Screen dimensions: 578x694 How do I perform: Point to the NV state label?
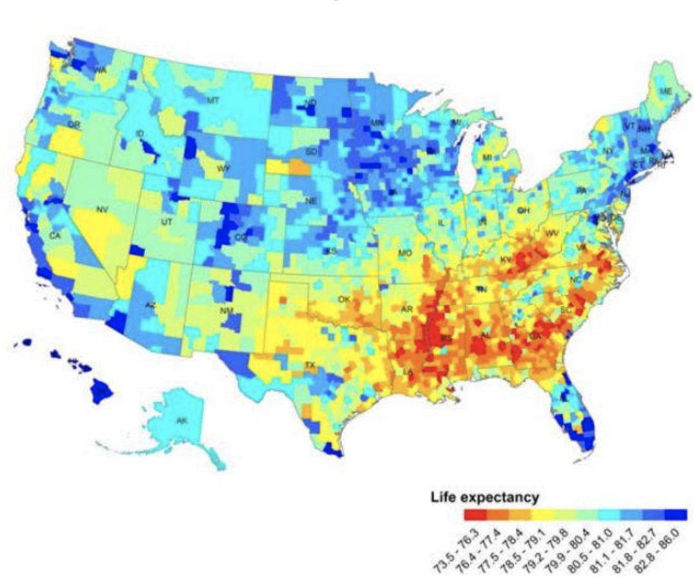102,209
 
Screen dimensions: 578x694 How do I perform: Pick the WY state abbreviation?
223,169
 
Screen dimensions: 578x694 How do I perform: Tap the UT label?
166,222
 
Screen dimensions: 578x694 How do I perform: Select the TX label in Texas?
310,365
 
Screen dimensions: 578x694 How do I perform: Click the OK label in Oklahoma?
343,299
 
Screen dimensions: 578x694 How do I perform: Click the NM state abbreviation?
226,311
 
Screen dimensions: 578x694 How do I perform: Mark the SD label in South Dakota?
311,151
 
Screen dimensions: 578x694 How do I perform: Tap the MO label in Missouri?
404,253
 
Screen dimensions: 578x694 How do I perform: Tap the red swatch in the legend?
475,514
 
